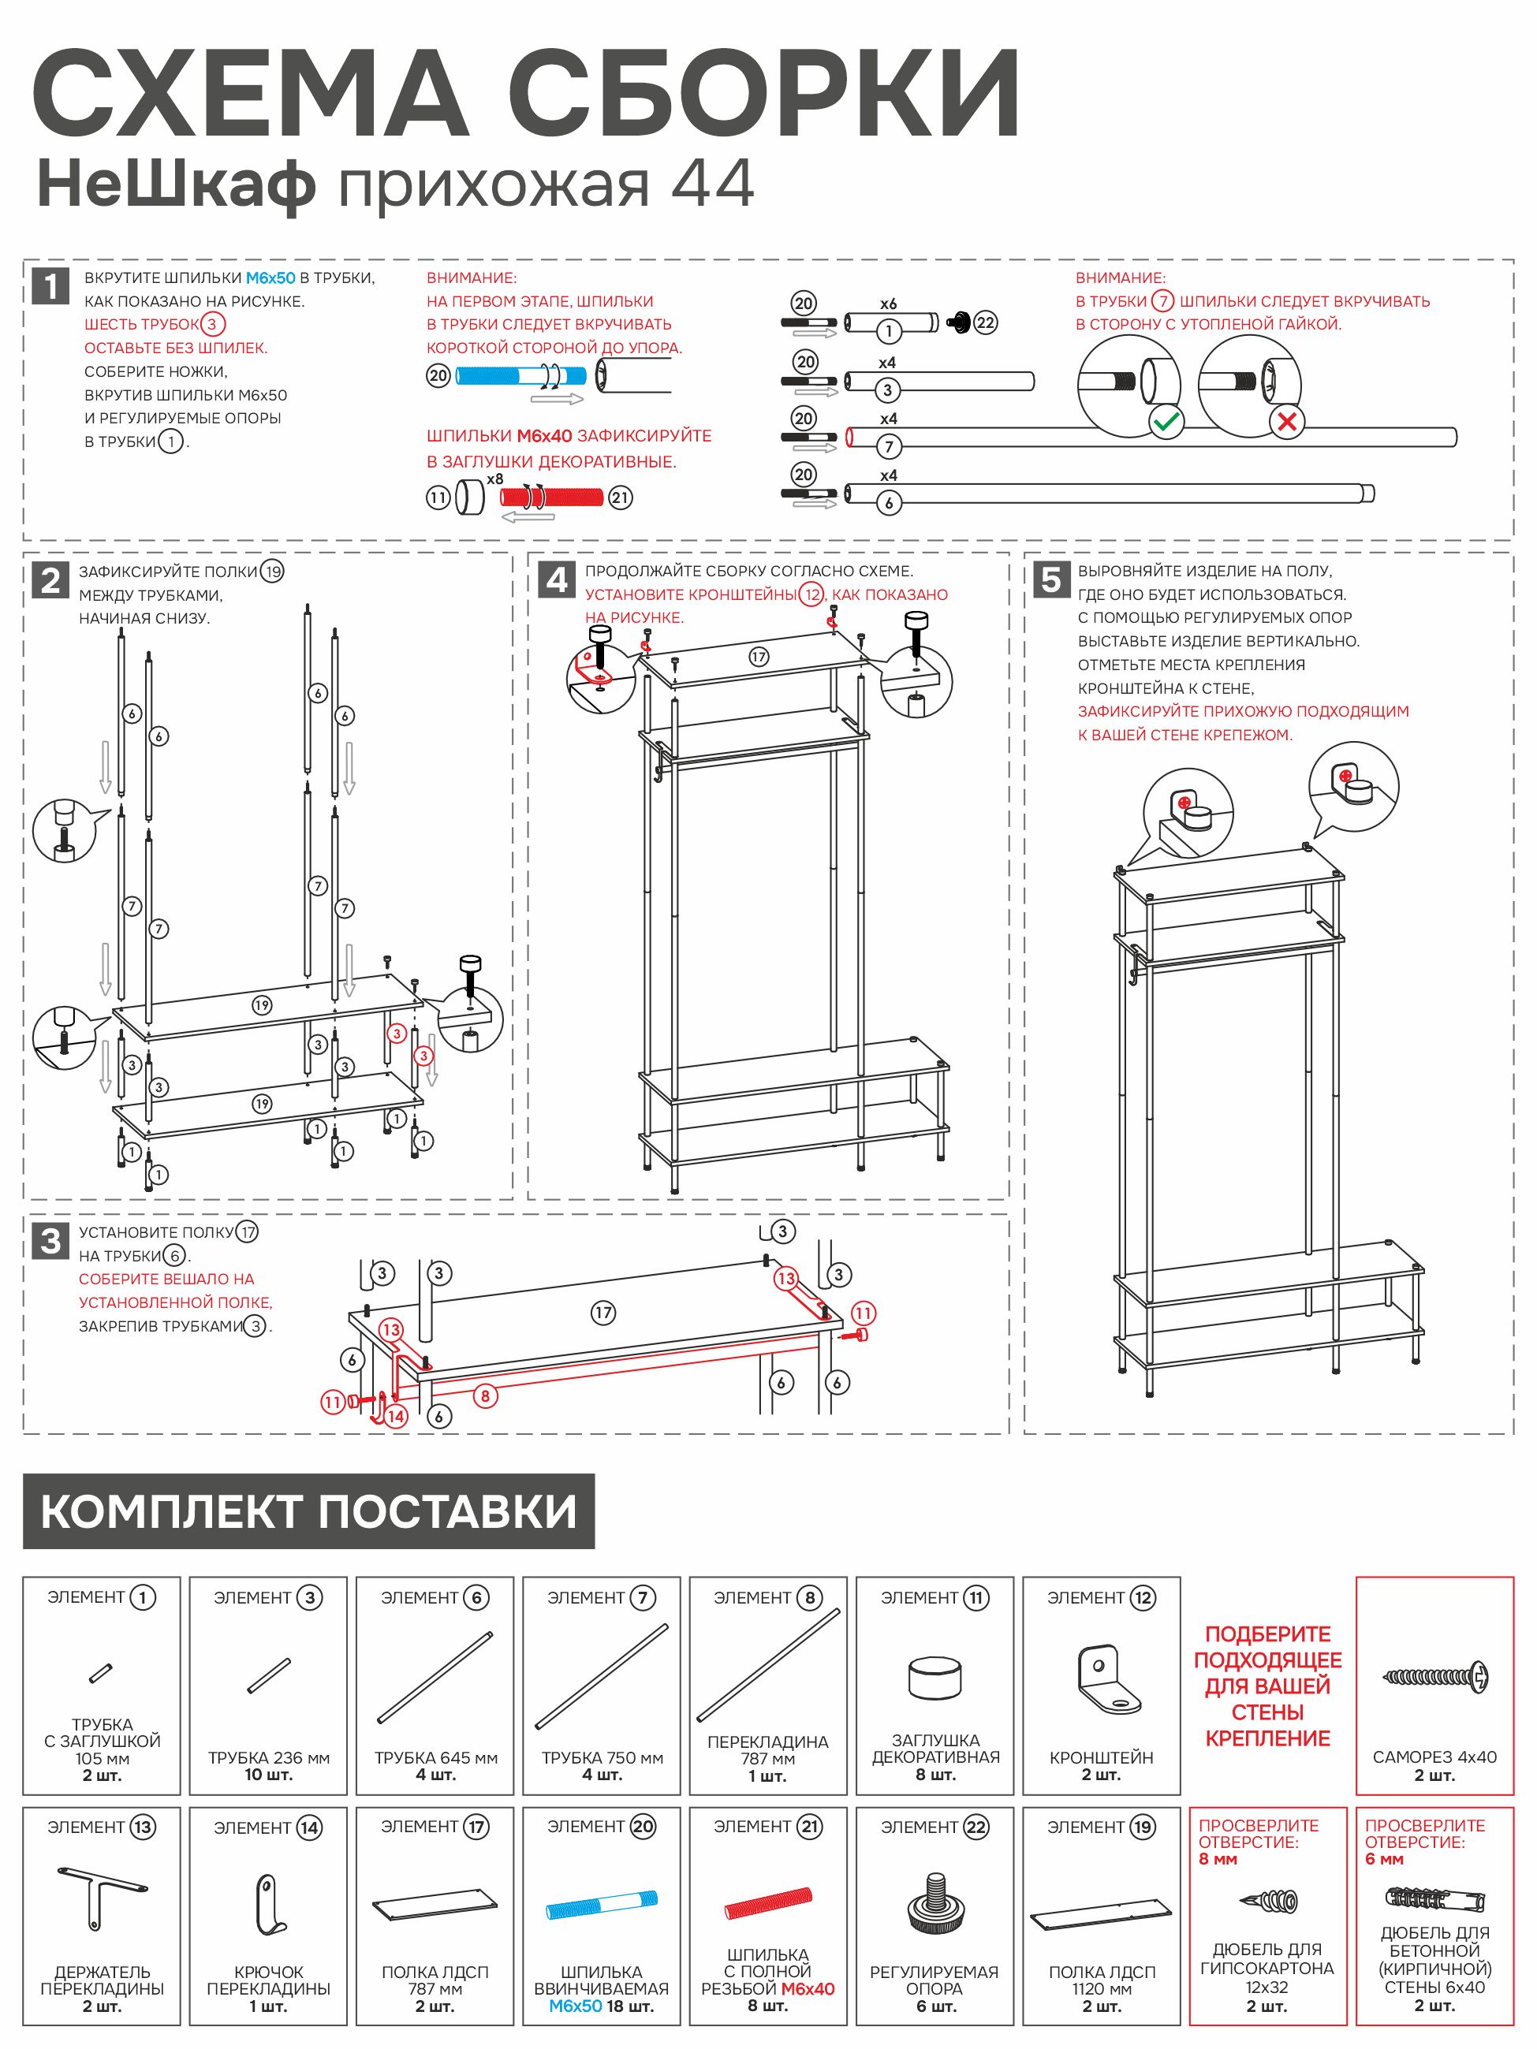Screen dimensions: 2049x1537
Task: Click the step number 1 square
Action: pyautogui.click(x=50, y=286)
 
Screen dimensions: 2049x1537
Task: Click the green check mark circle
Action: pyautogui.click(x=1166, y=423)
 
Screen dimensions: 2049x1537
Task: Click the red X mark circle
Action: pyautogui.click(x=1286, y=423)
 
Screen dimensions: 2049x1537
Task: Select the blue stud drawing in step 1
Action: pyautogui.click(x=520, y=376)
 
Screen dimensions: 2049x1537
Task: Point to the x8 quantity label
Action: pyautogui.click(x=496, y=479)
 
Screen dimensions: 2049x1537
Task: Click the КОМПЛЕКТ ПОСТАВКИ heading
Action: pyautogui.click(x=308, y=1512)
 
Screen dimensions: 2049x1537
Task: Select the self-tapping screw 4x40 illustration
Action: pyautogui.click(x=1434, y=1677)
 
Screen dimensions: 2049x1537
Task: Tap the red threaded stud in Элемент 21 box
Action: pyautogui.click(x=768, y=1902)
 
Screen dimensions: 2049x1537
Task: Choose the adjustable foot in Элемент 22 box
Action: pyautogui.click(x=934, y=1905)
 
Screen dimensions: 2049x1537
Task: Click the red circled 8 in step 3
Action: pyautogui.click(x=486, y=1396)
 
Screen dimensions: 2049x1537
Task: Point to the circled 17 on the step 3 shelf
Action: pyautogui.click(x=603, y=1313)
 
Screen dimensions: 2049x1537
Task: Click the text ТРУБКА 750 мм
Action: pyautogui.click(x=602, y=1758)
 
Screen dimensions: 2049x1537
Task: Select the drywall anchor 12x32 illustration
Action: pyautogui.click(x=1268, y=1902)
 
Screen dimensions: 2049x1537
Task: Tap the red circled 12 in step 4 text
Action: pyautogui.click(x=812, y=594)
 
